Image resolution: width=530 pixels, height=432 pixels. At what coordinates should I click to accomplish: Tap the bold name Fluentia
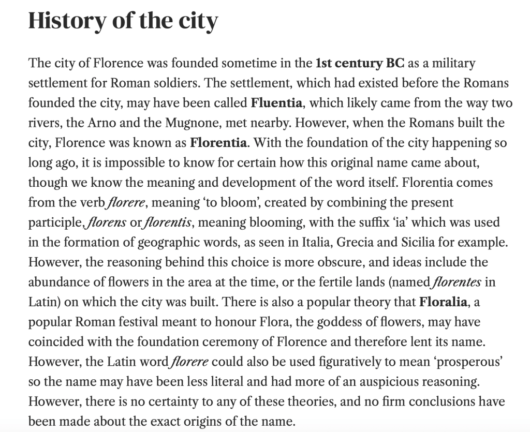point(276,102)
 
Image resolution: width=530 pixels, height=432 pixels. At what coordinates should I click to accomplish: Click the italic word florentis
point(169,222)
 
